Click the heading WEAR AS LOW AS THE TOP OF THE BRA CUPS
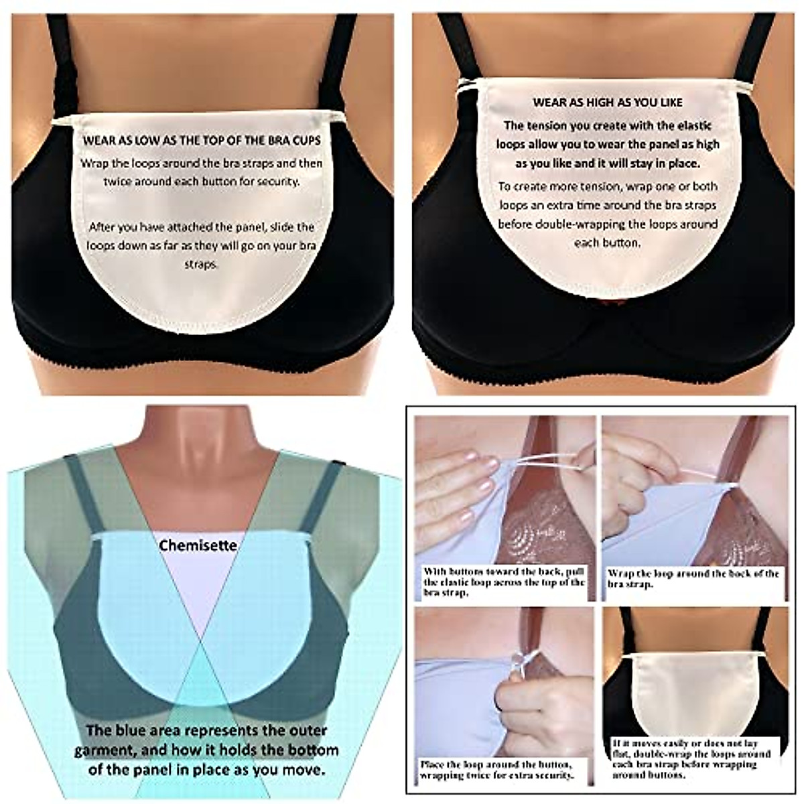tap(202, 141)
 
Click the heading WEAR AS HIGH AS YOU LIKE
tap(608, 103)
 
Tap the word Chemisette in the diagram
tap(198, 545)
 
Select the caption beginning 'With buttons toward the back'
tap(504, 582)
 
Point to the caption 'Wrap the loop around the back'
tap(693, 578)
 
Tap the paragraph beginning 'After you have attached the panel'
tap(201, 245)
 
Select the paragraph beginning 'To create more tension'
tap(608, 214)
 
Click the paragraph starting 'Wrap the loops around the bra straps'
tap(202, 172)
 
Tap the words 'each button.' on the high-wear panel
tap(608, 243)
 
